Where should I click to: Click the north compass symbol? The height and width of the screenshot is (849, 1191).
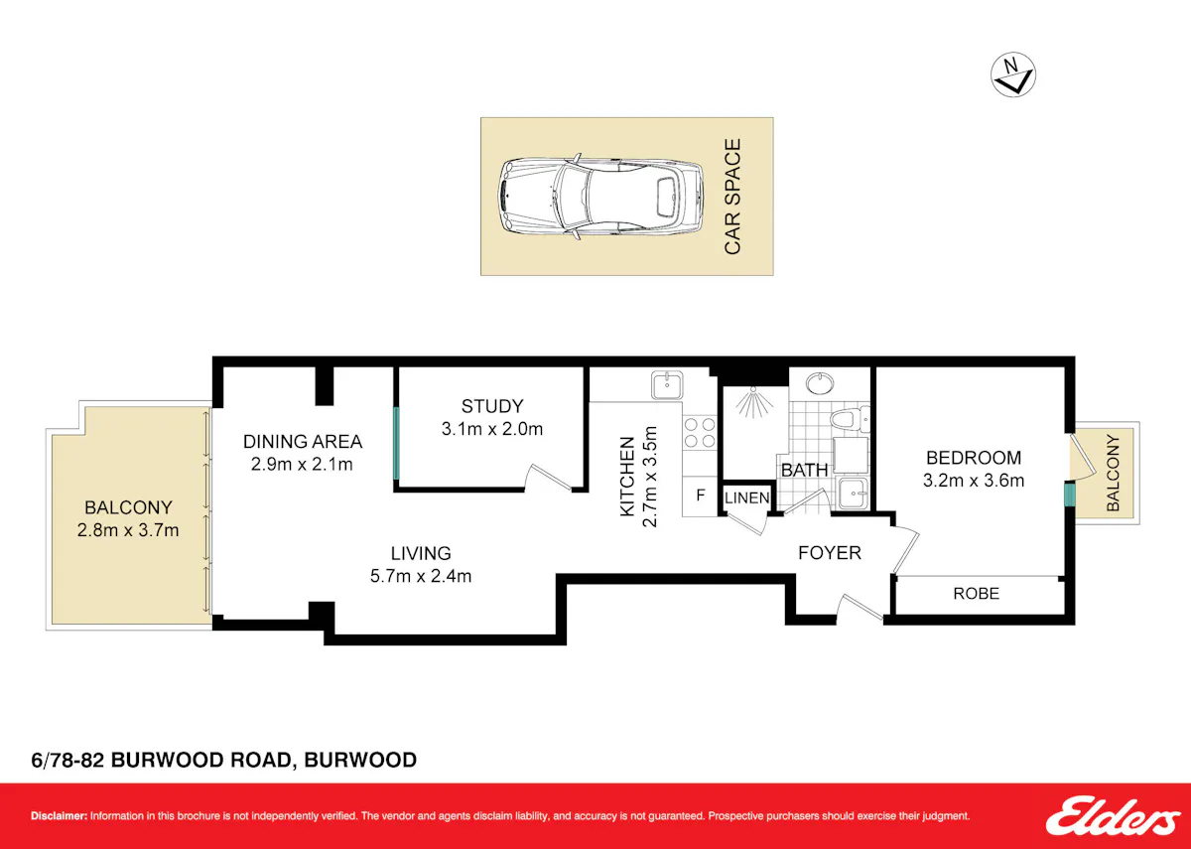point(1013,74)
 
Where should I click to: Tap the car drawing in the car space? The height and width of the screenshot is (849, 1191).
point(601,197)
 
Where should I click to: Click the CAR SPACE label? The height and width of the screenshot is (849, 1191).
point(732,197)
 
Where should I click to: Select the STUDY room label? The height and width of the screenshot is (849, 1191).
point(492,406)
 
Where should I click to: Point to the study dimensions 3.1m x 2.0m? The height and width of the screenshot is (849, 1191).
point(492,429)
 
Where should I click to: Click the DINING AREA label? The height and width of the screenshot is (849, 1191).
point(303,442)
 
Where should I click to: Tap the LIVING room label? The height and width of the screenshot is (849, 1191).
point(421,553)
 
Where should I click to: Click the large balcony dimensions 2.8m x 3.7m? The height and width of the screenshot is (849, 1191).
point(128,530)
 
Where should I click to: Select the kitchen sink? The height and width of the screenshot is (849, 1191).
point(667,384)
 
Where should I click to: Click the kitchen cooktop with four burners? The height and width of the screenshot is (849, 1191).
point(700,433)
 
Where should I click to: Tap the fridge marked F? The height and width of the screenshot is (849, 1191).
point(701,495)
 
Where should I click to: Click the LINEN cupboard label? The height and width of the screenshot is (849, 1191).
point(747,497)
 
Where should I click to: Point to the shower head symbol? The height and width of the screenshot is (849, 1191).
point(754,402)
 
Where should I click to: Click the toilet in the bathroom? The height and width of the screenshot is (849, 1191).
point(850,419)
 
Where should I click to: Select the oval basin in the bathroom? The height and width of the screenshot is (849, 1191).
point(820,383)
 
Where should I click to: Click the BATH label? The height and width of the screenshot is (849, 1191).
point(805,471)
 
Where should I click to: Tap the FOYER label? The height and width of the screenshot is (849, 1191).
point(830,553)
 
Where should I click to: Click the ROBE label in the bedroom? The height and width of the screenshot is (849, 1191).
point(977,593)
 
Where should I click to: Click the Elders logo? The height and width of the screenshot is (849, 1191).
point(1106,815)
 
